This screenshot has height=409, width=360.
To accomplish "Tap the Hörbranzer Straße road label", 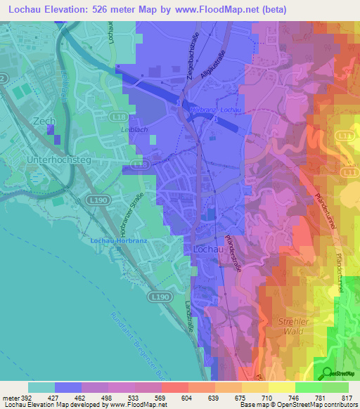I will pos(141,211).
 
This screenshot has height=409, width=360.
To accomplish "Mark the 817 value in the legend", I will pos(345,398).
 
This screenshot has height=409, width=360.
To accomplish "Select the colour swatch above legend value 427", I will pos(68,387).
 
